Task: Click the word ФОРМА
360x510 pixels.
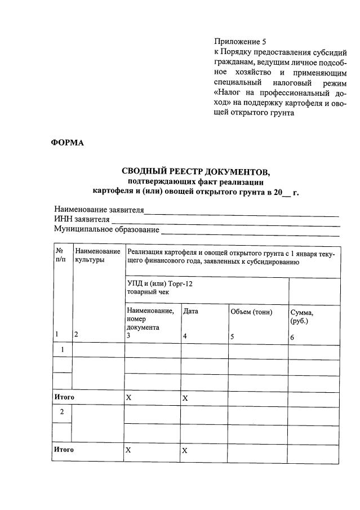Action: pos(68,143)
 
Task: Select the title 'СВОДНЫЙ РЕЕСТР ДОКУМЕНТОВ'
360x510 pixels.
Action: pos(196,171)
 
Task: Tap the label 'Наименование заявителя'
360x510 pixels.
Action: pos(99,210)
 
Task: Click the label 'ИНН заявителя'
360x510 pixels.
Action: pos(82,220)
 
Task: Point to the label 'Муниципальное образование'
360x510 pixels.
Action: pos(106,230)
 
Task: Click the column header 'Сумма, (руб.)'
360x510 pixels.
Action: pos(301,316)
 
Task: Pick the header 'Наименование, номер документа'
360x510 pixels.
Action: pos(150,319)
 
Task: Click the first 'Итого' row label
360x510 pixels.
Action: pos(64,397)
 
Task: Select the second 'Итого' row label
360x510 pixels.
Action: pos(64,450)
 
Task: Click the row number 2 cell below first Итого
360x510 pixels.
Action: pos(62,411)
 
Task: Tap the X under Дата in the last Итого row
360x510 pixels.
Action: pos(185,451)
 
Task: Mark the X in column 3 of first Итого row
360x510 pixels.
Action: pos(128,397)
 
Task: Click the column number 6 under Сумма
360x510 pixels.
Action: pos(292,337)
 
